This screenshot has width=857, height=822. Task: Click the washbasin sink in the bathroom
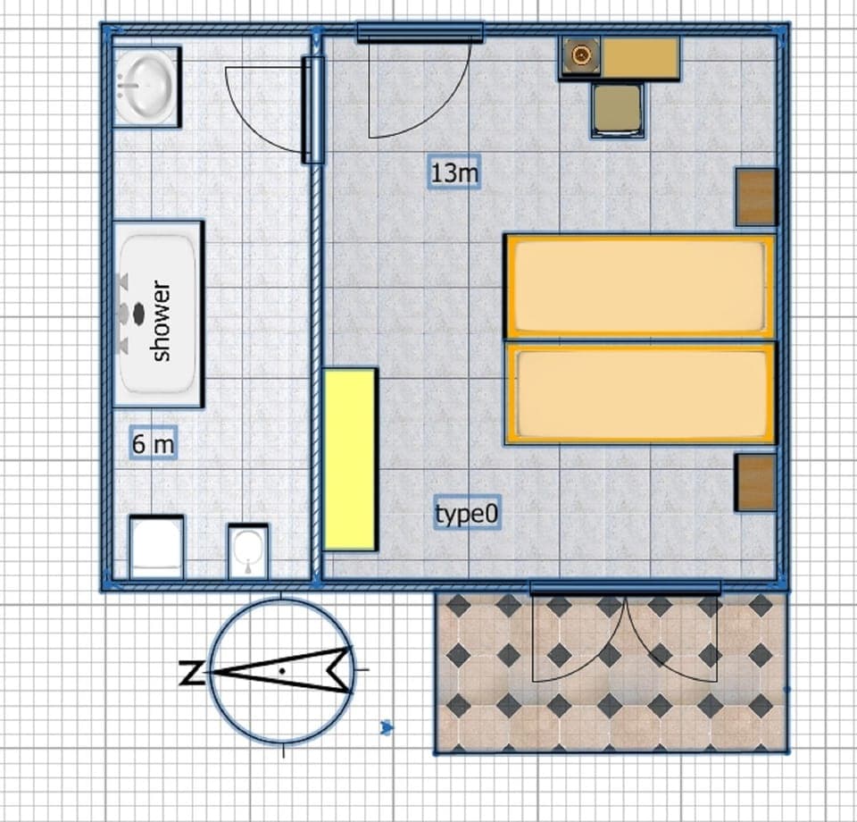point(147,87)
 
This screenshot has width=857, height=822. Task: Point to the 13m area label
point(454,172)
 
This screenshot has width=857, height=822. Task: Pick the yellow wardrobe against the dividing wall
point(349,459)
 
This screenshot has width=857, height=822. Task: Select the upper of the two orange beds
point(639,287)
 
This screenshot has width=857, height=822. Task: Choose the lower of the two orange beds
point(639,394)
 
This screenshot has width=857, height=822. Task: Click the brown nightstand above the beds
point(755,197)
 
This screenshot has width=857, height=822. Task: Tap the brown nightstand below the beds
point(755,482)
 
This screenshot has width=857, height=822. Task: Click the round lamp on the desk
point(581,58)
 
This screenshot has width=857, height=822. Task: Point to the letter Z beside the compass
point(190,673)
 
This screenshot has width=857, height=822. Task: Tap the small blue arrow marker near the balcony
point(387,728)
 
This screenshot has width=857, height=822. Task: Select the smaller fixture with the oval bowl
point(247,550)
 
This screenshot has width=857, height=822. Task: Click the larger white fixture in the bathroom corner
point(156,547)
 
